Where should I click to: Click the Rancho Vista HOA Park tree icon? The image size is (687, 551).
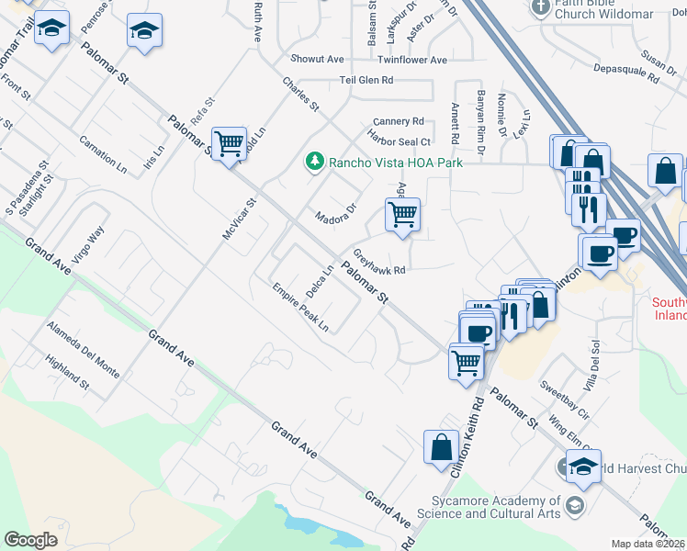point(314,162)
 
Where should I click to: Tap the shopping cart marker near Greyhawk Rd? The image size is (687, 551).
point(402,215)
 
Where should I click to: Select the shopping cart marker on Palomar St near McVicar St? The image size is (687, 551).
point(229,143)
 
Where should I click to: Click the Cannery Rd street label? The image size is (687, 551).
point(398,121)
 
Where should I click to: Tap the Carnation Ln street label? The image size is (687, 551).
point(103,154)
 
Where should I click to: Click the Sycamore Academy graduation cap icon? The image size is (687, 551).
point(574,505)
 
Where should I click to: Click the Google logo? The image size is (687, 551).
point(31,540)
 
